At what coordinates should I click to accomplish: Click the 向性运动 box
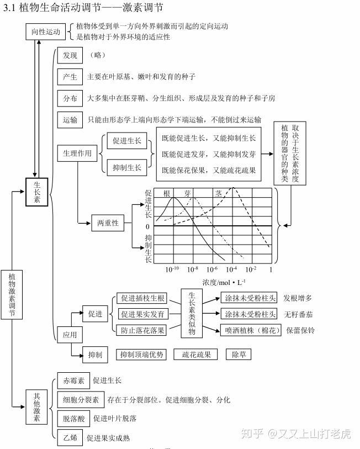[x=45, y=31]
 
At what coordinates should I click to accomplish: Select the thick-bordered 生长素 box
[x=36, y=192]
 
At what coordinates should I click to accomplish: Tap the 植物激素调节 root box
[x=12, y=294]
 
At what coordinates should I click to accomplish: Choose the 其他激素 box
[x=36, y=407]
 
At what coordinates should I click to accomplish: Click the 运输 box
[x=70, y=120]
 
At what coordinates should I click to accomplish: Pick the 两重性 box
[x=108, y=223]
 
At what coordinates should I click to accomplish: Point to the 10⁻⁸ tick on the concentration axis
[x=193, y=270]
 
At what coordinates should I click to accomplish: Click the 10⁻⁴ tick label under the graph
[x=231, y=270]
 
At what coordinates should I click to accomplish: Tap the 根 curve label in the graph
[x=167, y=194]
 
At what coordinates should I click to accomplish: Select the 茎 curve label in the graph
[x=219, y=194]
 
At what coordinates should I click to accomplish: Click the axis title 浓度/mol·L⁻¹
[x=224, y=283]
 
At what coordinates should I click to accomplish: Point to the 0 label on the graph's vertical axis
[x=147, y=226]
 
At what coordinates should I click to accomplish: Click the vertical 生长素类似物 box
[x=192, y=313]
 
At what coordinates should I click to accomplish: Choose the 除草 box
[x=239, y=355]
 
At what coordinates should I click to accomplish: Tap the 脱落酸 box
[x=73, y=419]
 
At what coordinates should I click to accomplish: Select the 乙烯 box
[x=70, y=437]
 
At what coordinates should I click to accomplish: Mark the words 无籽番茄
[x=298, y=314]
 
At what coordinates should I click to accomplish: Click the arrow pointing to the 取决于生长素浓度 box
[x=267, y=154]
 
